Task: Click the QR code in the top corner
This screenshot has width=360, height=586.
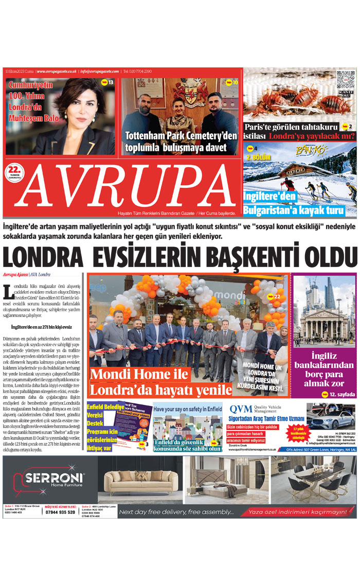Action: [346, 80]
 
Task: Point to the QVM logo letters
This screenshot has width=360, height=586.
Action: [241, 410]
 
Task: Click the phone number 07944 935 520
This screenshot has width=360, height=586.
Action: [60, 512]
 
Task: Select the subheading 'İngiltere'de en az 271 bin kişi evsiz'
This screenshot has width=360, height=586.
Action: [42, 327]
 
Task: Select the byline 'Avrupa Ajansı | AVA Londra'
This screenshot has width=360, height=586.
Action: [27, 275]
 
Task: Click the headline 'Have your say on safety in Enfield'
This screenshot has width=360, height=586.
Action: [188, 409]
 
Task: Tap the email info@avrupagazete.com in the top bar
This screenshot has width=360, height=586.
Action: [100, 71]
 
